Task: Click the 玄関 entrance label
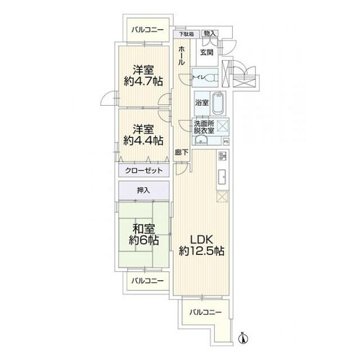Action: click(x=206, y=53)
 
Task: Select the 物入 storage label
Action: click(x=210, y=34)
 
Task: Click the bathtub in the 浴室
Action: click(x=219, y=103)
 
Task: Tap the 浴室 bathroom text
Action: click(x=201, y=103)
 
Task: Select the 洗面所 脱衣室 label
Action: click(x=204, y=127)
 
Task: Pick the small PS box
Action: click(x=226, y=141)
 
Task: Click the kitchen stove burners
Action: click(x=222, y=156)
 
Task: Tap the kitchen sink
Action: click(x=222, y=175)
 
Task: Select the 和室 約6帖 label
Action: click(x=143, y=234)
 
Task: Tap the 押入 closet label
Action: click(x=143, y=190)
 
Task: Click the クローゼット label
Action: click(x=143, y=170)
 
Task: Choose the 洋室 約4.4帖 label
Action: click(x=143, y=134)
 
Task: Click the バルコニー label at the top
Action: click(x=147, y=30)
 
